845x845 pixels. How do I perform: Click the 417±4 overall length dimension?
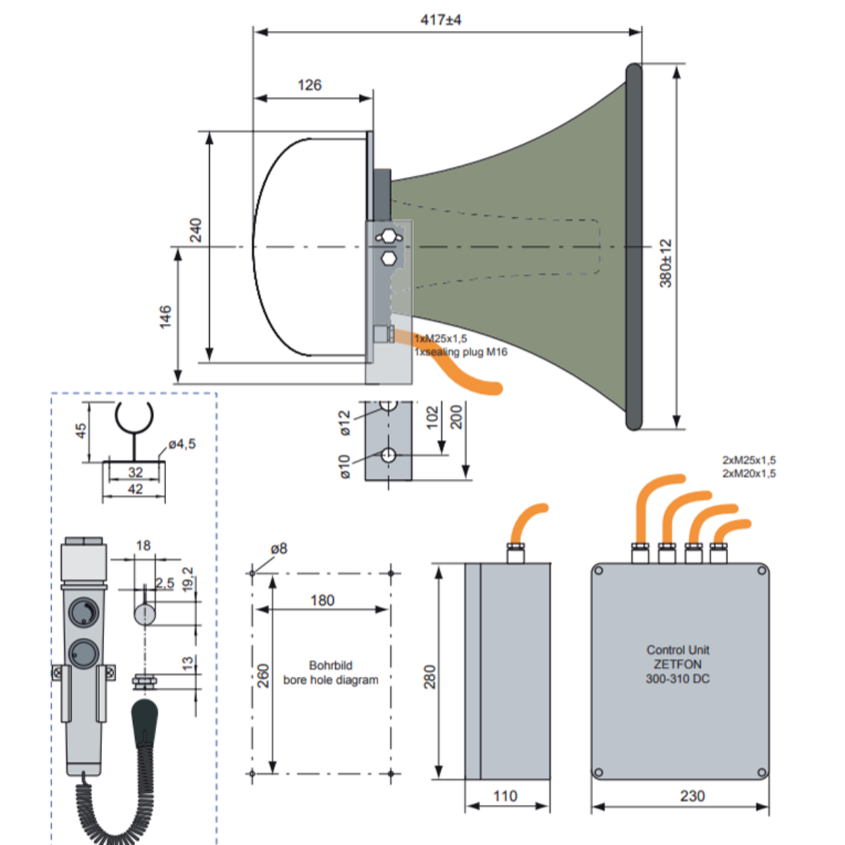[441, 20]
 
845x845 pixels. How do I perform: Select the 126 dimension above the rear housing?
[310, 84]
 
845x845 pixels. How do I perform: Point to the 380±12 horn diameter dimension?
[665, 263]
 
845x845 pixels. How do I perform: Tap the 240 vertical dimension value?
[196, 230]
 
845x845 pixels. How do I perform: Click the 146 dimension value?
[165, 317]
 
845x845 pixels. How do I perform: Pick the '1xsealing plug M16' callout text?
[461, 352]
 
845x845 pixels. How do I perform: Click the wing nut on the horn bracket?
[389, 237]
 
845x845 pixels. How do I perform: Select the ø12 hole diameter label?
[345, 423]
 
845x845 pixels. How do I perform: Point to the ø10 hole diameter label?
[345, 466]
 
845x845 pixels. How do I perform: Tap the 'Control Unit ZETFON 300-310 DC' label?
[677, 664]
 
